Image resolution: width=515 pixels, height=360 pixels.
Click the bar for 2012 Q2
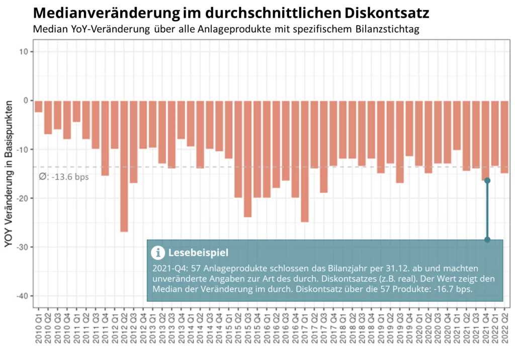(x=124, y=166)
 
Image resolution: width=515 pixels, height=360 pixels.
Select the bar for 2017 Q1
(x=305, y=161)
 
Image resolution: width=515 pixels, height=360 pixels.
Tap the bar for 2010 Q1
(x=39, y=106)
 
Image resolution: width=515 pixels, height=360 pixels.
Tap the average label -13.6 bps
(x=64, y=176)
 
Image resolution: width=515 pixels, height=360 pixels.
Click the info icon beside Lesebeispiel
(x=158, y=252)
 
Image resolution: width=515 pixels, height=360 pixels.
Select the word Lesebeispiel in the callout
(x=198, y=252)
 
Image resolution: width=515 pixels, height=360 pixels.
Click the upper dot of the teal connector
(x=487, y=181)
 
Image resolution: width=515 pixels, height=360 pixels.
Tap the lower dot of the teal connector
(x=487, y=240)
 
